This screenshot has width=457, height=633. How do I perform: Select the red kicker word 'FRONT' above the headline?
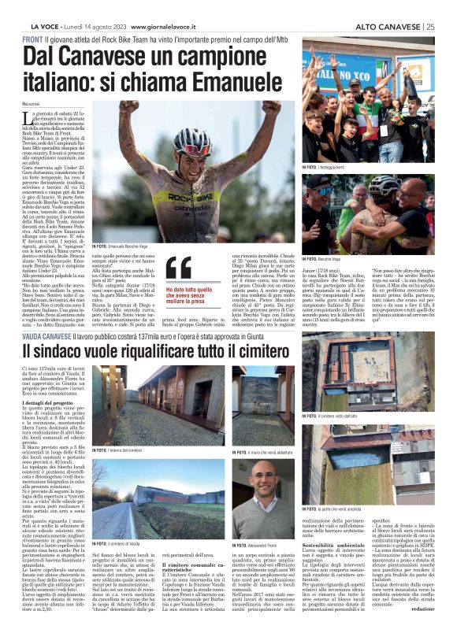coord(33,39)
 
